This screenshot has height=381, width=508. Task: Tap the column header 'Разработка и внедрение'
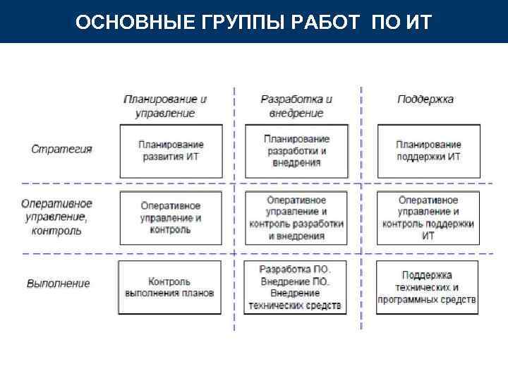click(296, 106)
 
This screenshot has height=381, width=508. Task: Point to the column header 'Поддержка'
click(425, 99)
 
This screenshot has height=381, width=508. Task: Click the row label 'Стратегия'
click(62, 150)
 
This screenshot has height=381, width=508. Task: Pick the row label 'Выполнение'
click(59, 284)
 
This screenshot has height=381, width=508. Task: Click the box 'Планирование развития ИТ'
click(170, 151)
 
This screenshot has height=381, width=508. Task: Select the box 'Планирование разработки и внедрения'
click(296, 151)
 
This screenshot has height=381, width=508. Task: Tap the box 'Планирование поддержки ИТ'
click(428, 151)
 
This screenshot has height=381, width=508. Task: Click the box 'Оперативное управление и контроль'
click(170, 218)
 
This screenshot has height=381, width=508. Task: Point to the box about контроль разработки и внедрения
click(296, 218)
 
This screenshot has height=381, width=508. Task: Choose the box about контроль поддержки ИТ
click(428, 218)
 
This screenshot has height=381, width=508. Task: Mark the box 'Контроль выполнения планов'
click(170, 286)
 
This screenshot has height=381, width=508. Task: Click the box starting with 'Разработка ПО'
click(296, 287)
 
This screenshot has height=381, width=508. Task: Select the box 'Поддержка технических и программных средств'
click(428, 287)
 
